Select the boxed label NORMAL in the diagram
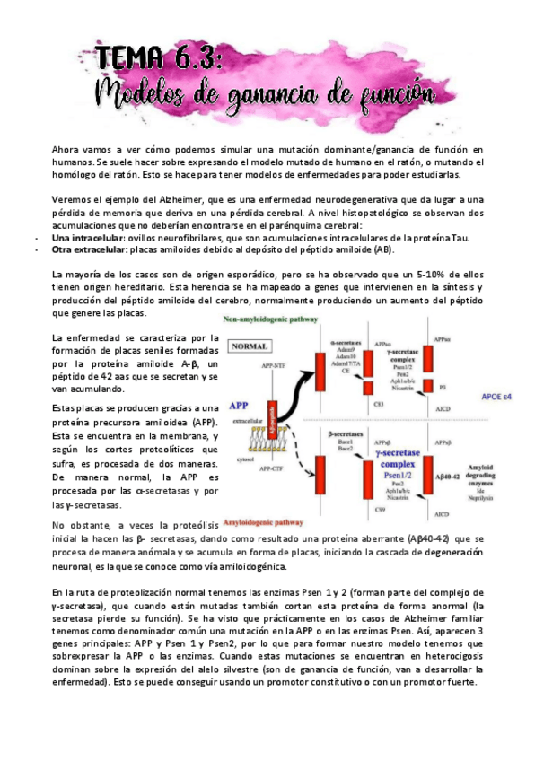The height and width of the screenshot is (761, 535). pyautogui.click(x=251, y=346)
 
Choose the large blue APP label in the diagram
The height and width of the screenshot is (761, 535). pyautogui.click(x=239, y=405)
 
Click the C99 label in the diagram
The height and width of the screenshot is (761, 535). pyautogui.click(x=380, y=510)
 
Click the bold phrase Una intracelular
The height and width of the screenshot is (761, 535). pyautogui.click(x=86, y=238)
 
